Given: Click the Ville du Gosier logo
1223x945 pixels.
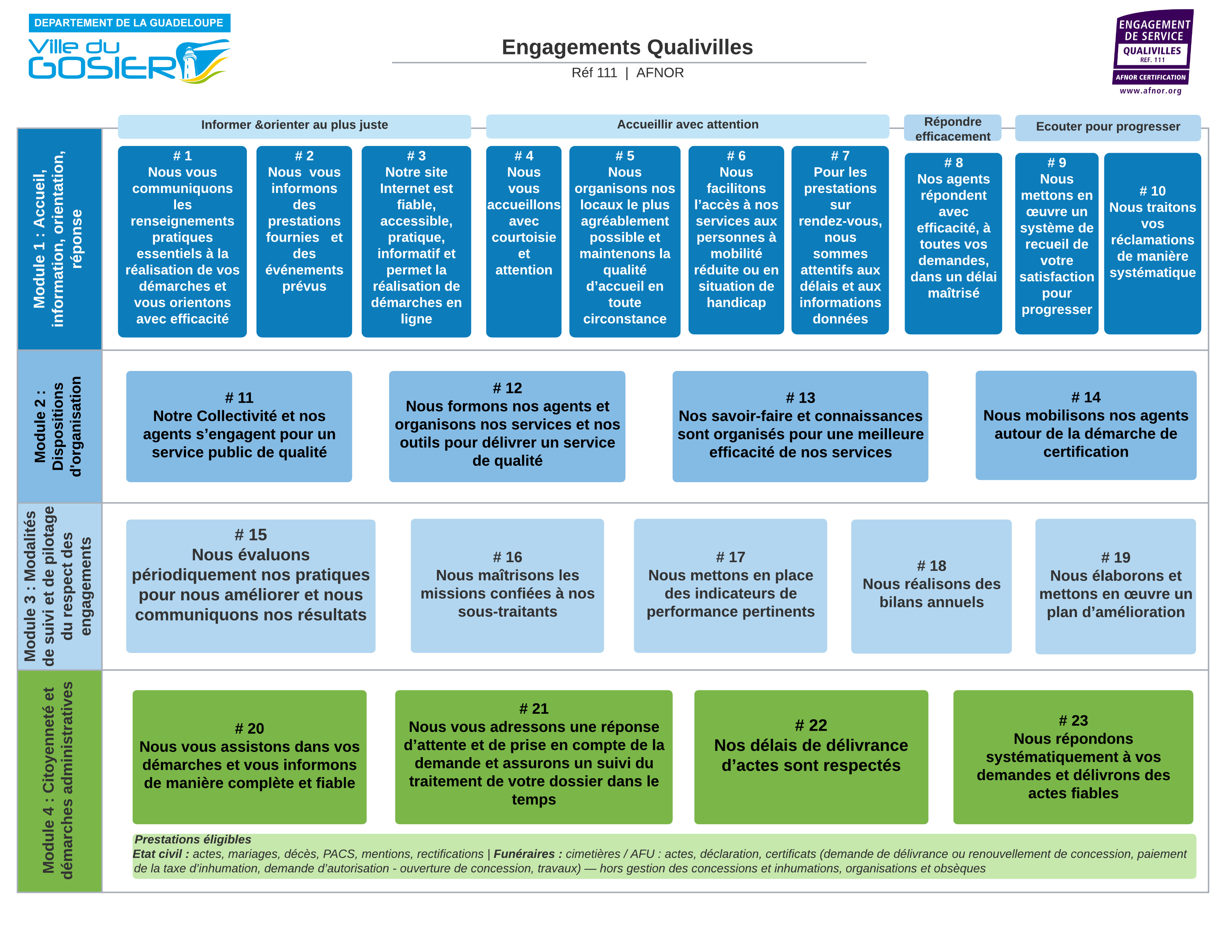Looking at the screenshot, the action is pos(129,60).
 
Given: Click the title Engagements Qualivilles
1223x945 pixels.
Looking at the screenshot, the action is pos(627,47).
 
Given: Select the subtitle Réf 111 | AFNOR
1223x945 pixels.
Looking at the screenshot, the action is pos(627,73).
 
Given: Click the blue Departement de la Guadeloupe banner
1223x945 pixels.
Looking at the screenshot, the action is pos(129,23).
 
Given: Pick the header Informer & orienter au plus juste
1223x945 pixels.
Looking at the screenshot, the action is pos(295,125).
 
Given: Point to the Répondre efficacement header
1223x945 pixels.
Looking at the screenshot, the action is pos(952,129).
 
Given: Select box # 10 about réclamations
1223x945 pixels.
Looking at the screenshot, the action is pos(1153,243).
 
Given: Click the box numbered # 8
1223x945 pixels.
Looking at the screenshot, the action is pos(953,243).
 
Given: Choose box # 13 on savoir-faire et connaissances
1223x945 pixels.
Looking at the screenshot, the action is pos(800,426).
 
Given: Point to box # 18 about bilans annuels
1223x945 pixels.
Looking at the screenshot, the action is pos(931,586).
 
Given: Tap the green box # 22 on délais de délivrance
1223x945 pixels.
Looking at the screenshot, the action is pos(811,757).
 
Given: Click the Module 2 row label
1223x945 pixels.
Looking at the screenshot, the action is pos(59,427).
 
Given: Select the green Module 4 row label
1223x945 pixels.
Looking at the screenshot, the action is pos(59,781).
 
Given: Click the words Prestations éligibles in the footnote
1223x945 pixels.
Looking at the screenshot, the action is pos(193,839).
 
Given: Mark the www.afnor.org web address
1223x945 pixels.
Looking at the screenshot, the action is pos(1151,91).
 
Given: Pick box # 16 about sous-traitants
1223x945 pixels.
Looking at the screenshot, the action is pos(507,586).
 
